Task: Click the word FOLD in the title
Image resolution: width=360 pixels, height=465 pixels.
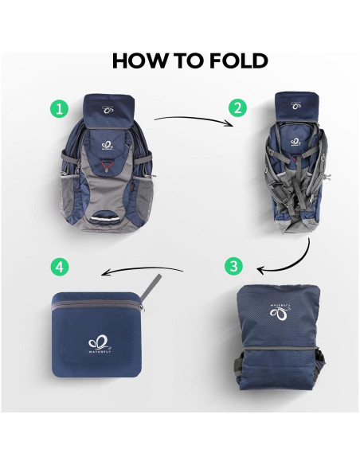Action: [x=236, y=60]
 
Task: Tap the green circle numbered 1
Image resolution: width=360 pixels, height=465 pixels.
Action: [x=58, y=107]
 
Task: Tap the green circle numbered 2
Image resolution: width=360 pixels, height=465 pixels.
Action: [x=237, y=107]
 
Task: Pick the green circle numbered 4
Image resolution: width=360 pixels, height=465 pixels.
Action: [x=58, y=265]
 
